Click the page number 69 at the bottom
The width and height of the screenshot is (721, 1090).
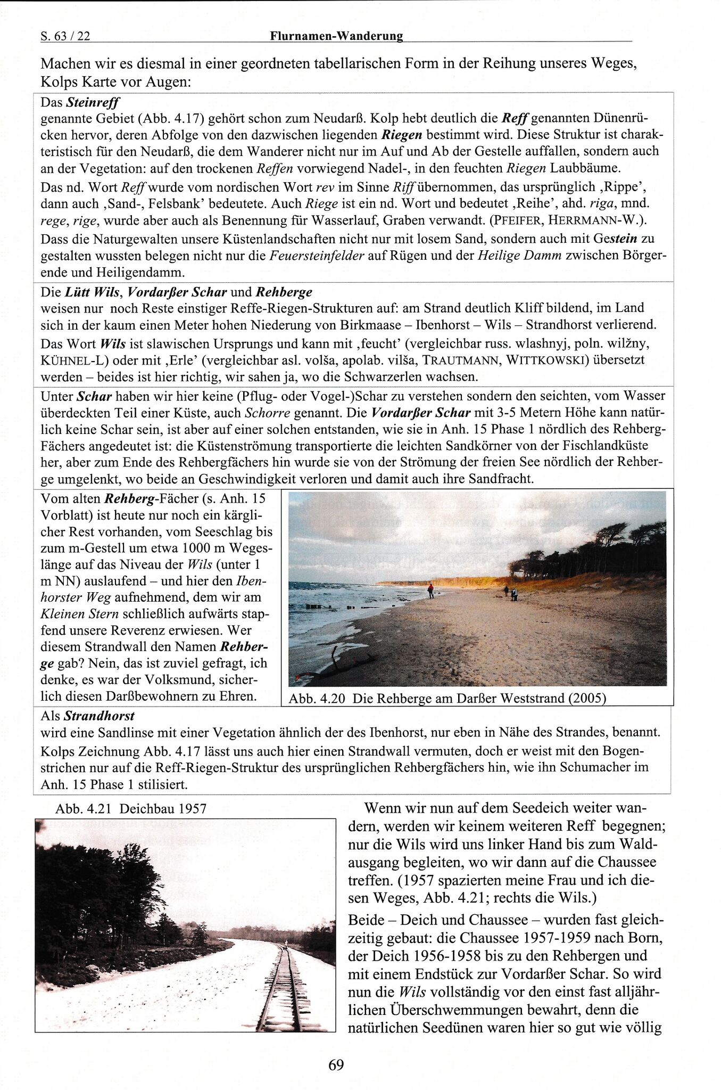coord(336,1064)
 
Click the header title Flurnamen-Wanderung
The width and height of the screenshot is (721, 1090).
coord(336,36)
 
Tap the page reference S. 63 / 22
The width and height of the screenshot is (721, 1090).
coord(65,36)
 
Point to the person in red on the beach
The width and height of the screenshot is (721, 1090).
coord(430,590)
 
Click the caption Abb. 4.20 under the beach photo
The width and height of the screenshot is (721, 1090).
coord(447,698)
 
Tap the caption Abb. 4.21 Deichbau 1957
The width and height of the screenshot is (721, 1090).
coord(131,808)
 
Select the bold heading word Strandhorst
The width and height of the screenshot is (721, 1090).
coord(100,716)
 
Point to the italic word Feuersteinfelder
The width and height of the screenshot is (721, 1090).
coord(317,255)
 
